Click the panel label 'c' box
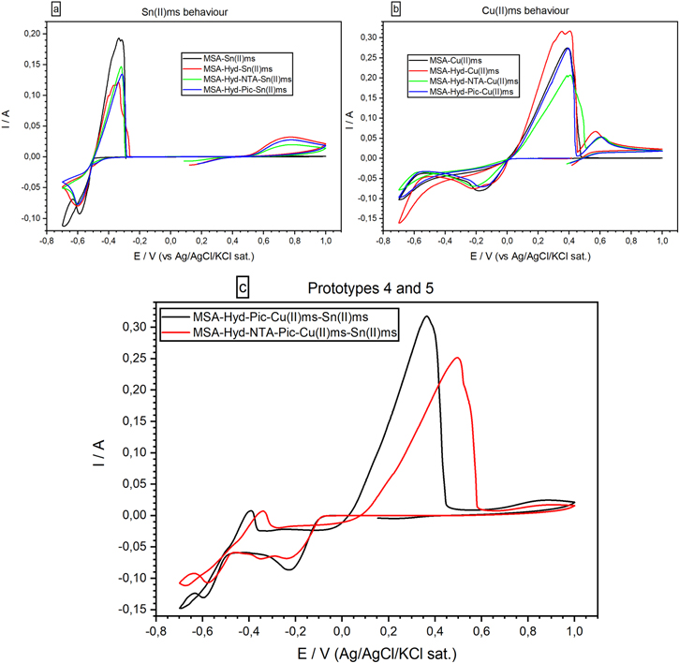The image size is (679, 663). [244, 282]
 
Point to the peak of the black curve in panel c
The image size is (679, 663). [427, 317]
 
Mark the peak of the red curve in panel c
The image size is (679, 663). [458, 358]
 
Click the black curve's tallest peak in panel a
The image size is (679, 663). [119, 38]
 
